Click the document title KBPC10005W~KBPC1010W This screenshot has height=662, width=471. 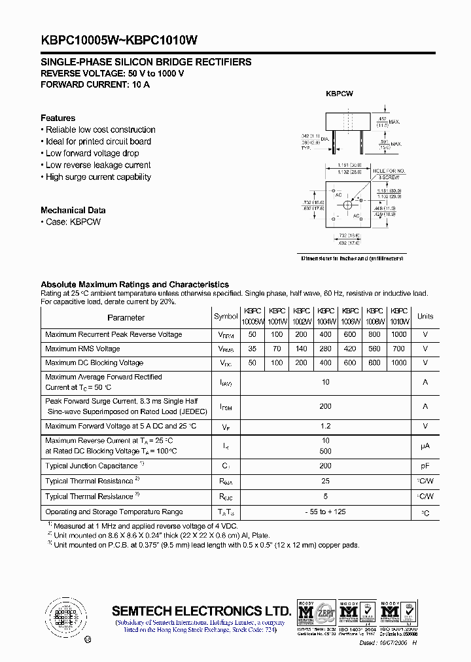(119, 40)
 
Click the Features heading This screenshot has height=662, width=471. (58, 118)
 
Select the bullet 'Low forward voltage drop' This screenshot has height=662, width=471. (92, 153)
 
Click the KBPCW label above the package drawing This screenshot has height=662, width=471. (340, 94)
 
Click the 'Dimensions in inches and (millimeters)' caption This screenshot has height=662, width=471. (352, 258)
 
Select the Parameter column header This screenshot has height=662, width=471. (126, 317)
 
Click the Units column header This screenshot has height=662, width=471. (425, 317)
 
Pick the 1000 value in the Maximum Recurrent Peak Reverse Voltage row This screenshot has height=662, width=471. (398, 334)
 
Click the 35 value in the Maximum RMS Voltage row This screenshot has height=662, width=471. (252, 349)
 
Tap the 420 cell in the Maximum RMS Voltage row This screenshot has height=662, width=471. (350, 349)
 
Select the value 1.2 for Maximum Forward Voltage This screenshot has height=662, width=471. (325, 427)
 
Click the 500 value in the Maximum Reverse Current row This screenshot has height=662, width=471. (325, 451)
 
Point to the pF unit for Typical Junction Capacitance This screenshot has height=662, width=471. (425, 466)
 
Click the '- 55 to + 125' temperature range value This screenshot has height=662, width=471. (325, 512)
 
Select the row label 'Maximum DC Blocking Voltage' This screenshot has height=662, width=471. (94, 363)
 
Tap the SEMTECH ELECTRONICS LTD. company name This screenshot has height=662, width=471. (201, 611)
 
